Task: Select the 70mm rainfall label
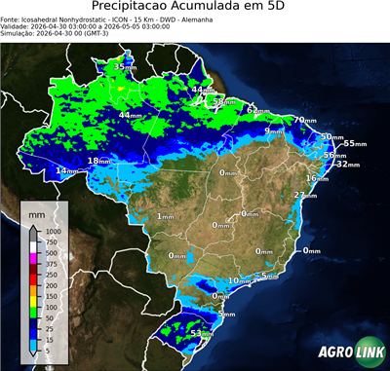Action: pyautogui.click(x=305, y=121)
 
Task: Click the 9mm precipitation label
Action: pyautogui.click(x=274, y=130)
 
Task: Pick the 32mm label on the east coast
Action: pyautogui.click(x=346, y=165)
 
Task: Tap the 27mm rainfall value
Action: pyautogui.click(x=306, y=196)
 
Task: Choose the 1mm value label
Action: pyautogui.click(x=165, y=216)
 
